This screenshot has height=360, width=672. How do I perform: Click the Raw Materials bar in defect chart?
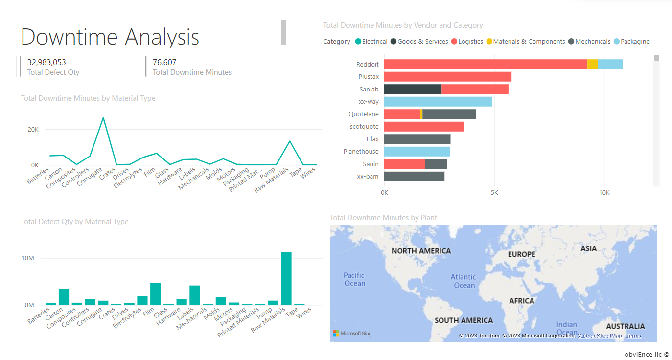286,279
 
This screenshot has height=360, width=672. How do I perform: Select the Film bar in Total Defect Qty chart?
155,294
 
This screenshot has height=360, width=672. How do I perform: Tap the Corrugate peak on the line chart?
103,118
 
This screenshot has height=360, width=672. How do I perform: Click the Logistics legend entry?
470,42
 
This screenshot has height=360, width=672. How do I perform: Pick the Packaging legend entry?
635,42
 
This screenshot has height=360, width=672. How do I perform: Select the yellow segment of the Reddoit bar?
592,64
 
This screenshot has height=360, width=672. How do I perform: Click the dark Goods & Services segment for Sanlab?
413,89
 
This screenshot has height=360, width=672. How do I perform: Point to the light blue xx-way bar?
438,102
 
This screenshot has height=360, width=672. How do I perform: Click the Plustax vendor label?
368,77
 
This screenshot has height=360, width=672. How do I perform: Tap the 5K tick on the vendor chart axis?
494,193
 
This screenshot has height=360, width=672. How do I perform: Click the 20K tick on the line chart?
33,130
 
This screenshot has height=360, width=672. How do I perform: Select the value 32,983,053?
46,63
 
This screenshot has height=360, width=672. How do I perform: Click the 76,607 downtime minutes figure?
164,63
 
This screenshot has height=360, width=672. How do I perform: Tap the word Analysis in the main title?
162,37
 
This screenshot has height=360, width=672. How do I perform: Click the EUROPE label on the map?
521,254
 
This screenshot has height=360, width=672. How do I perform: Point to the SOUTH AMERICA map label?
463,320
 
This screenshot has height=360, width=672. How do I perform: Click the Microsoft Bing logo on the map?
352,334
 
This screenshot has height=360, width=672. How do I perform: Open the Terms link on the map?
633,336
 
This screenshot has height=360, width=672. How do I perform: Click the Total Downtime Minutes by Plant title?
383,218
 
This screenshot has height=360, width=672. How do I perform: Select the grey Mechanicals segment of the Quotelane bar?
449,114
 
